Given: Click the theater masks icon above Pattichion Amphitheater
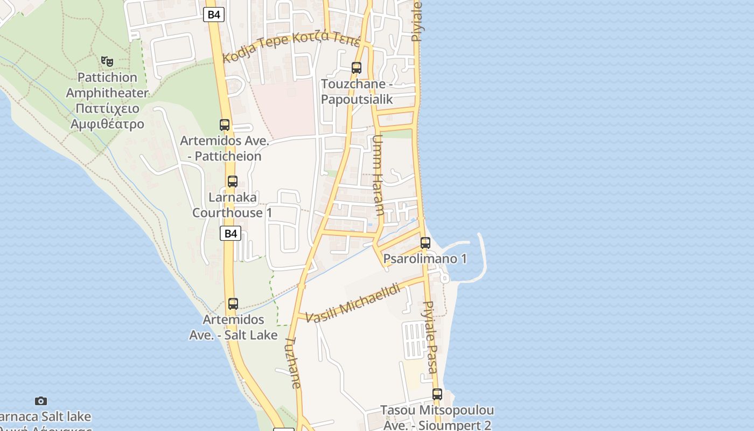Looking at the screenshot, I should [x=107, y=61].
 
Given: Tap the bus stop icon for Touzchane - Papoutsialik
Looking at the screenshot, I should [x=356, y=68].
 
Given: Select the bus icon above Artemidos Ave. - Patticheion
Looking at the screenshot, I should [x=225, y=125].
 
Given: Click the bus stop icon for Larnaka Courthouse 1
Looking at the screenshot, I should [x=232, y=182].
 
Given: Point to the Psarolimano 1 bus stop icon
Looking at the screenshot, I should [x=425, y=243].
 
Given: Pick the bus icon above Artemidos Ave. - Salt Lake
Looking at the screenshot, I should [x=233, y=304].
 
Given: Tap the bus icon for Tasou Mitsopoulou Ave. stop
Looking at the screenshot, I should [x=437, y=394].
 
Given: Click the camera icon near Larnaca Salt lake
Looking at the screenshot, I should [x=41, y=401].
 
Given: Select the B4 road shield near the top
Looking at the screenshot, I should [x=214, y=15].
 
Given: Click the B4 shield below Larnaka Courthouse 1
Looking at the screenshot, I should [x=231, y=233].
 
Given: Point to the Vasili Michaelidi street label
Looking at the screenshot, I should [x=353, y=303].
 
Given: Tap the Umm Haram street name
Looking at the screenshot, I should [x=378, y=175].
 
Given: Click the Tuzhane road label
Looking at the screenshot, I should [x=294, y=363].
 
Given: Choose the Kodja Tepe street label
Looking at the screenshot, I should [x=291, y=47].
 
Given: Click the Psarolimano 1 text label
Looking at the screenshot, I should [x=425, y=259].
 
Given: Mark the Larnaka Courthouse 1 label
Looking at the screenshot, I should [x=232, y=205].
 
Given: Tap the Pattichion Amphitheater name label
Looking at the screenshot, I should [x=107, y=101].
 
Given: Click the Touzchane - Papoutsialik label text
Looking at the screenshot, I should [x=357, y=92].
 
